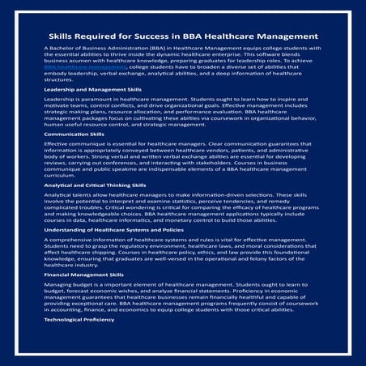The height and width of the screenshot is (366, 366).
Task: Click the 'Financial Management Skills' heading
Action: point(83,274)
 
